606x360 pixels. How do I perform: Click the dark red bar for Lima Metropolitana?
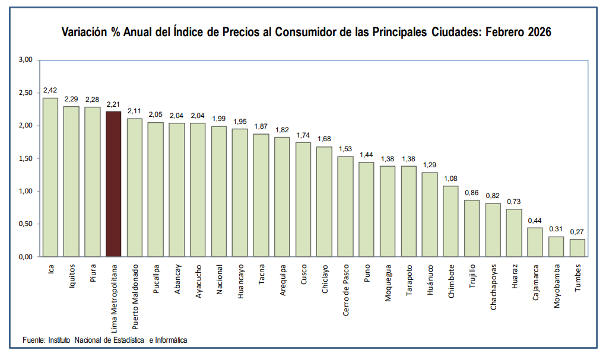click(113, 184)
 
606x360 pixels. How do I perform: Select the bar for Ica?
click(50, 177)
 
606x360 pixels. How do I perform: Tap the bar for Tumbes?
click(577, 248)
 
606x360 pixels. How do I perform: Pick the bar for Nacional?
click(219, 191)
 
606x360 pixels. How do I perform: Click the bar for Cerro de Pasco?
click(345, 206)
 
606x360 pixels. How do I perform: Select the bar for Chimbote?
click(450, 221)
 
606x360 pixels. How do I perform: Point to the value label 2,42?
click(50, 90)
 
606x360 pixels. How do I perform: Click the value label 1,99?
click(219, 119)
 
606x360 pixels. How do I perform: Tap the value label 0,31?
click(556, 229)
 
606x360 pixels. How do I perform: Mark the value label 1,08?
click(450, 179)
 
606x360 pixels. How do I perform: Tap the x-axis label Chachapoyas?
click(493, 289)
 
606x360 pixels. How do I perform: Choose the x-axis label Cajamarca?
click(535, 285)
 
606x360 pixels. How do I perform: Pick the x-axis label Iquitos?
click(72, 277)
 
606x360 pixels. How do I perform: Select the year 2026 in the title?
click(537, 33)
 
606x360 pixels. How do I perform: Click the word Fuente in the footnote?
click(34, 340)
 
